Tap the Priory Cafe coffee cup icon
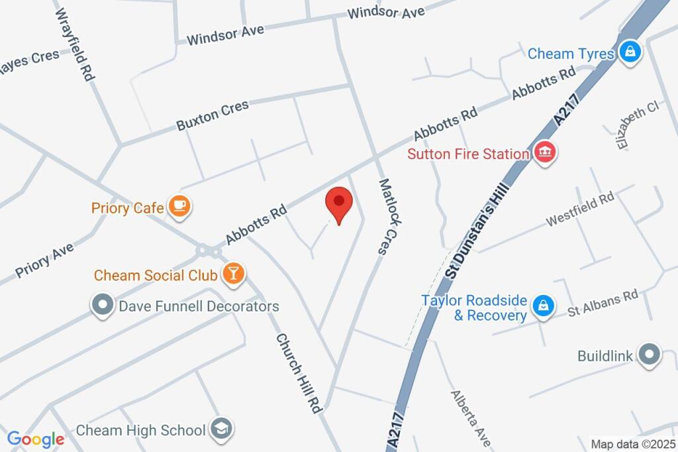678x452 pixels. click(x=179, y=207)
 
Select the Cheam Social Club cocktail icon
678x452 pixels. click(x=233, y=273)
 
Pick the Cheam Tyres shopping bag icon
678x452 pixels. click(x=631, y=52)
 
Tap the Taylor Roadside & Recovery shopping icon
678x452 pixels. click(x=543, y=306)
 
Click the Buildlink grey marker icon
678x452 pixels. click(x=649, y=355)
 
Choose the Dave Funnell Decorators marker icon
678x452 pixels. click(x=102, y=306)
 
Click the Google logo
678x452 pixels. click(x=36, y=438)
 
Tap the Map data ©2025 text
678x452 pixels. click(x=634, y=444)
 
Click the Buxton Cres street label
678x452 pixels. click(x=213, y=115)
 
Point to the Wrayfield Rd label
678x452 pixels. click(x=75, y=44)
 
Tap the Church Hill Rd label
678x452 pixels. click(x=299, y=374)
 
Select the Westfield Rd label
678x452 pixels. click(x=580, y=210)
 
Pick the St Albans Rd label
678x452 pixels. click(x=603, y=302)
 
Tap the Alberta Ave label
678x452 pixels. click(x=471, y=418)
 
